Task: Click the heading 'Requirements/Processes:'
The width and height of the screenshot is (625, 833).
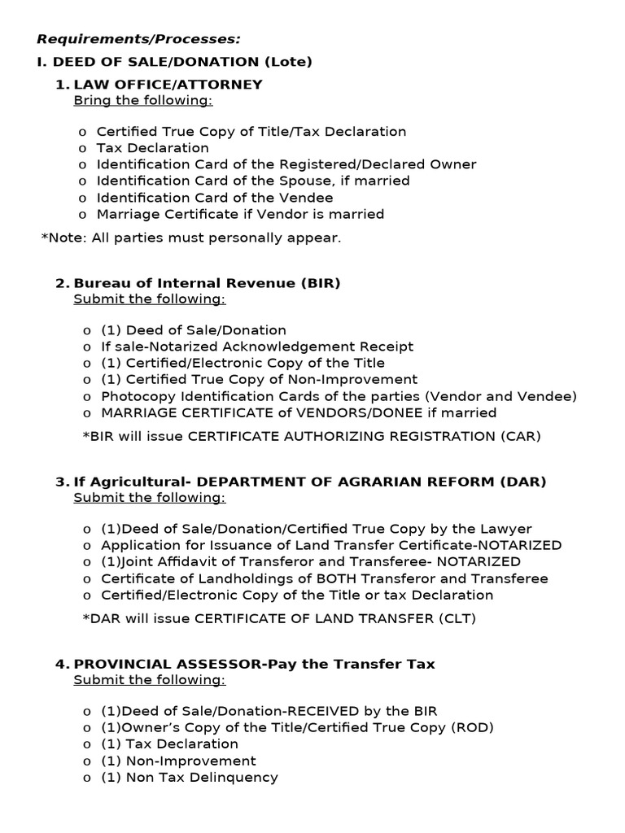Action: click(x=139, y=38)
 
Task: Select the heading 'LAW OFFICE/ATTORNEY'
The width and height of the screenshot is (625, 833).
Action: click(x=168, y=85)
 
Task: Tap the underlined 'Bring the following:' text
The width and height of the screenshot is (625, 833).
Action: click(x=143, y=100)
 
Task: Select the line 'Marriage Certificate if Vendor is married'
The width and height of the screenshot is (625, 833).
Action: click(x=240, y=214)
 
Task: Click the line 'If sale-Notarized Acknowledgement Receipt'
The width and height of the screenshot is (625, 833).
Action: click(x=257, y=347)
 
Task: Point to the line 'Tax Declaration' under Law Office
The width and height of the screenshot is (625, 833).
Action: click(x=152, y=148)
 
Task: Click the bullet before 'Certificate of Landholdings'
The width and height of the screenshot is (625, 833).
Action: click(x=87, y=579)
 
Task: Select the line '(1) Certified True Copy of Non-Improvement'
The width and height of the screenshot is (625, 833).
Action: click(x=259, y=379)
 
